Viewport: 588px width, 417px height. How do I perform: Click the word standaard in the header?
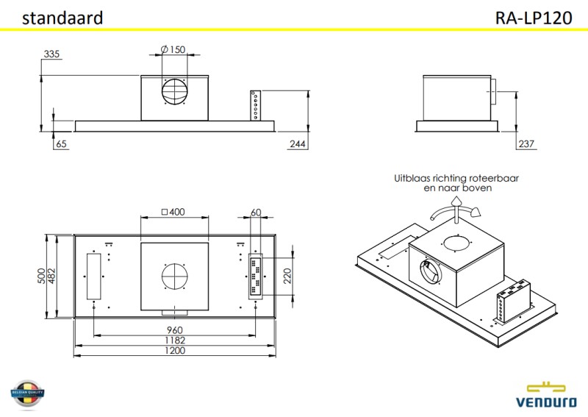(62, 18)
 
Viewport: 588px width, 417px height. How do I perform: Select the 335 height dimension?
(51, 54)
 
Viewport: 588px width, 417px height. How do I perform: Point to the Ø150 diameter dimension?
(173, 49)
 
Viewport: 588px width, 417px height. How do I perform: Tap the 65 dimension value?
(60, 144)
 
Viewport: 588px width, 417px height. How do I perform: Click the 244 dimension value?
(297, 144)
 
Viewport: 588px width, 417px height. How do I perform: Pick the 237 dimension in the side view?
(526, 144)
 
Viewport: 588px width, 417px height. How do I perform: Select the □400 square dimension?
(173, 213)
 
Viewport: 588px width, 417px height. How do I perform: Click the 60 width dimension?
(256, 213)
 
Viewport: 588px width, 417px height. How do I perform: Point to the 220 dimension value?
(288, 276)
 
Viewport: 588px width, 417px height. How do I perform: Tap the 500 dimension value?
(42, 276)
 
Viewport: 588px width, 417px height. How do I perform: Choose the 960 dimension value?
(174, 329)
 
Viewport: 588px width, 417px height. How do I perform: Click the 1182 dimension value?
(174, 340)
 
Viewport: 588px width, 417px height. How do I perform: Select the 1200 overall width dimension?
(174, 351)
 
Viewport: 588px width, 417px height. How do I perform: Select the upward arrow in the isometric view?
(456, 202)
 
